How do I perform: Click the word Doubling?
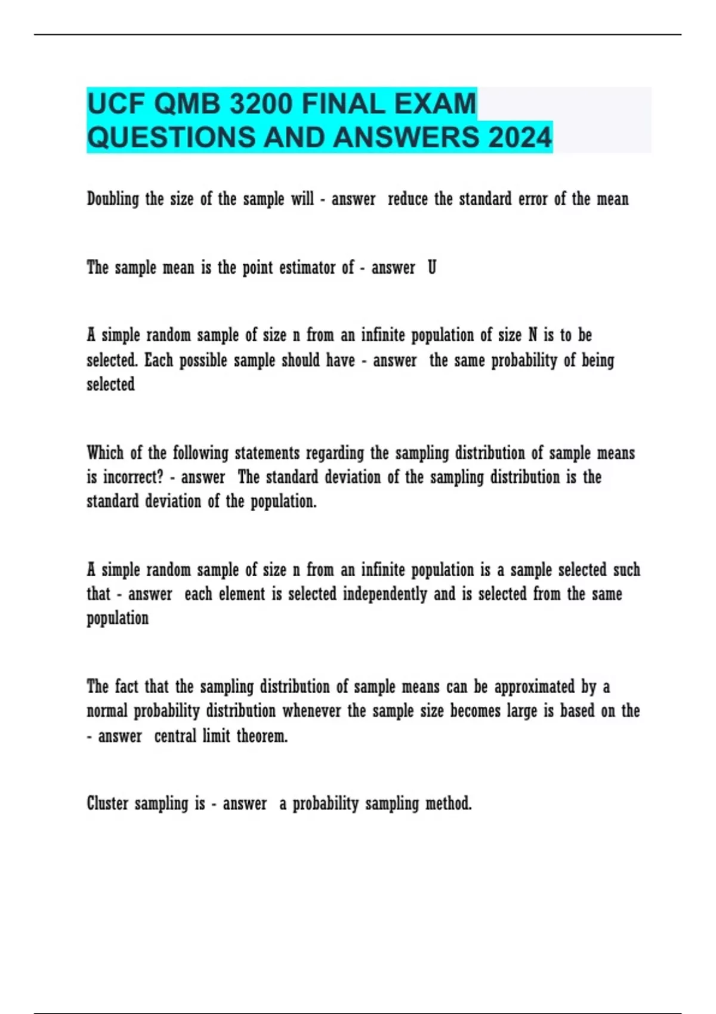113,199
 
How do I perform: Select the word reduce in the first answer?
408,199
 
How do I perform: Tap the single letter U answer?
432,268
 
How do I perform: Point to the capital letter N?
533,335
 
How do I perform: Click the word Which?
105,453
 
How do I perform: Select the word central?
175,736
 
